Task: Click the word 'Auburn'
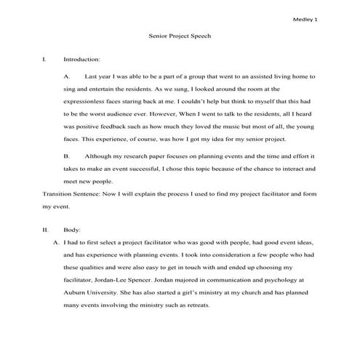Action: tap(80, 292)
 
